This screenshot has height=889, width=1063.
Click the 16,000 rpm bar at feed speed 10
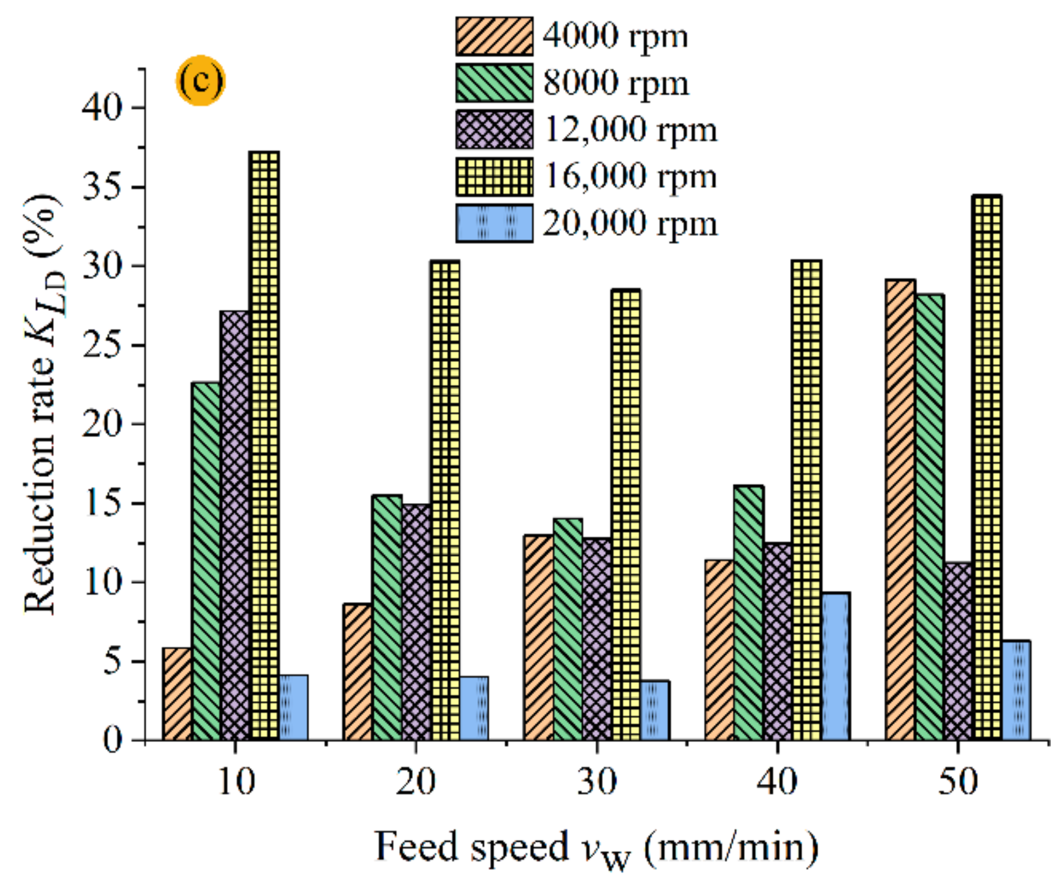tap(264, 445)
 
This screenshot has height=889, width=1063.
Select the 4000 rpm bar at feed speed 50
tap(900, 510)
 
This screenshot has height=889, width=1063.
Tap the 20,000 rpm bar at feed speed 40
tap(836, 666)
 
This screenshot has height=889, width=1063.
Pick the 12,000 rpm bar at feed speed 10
tap(235, 525)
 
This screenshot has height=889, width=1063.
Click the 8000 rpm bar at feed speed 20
tap(387, 618)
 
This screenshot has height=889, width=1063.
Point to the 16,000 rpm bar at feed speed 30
tap(626, 514)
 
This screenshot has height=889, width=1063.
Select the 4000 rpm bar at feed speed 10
tap(177, 694)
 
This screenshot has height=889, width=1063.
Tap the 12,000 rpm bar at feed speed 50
tap(958, 651)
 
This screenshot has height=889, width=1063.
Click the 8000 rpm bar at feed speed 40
tap(748, 613)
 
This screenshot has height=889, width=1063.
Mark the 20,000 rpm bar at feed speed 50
tap(1016, 690)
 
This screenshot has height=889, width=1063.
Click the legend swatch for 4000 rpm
tap(494, 36)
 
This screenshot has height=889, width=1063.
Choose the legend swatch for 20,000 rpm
tap(494, 223)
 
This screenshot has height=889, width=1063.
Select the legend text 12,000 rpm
tap(630, 129)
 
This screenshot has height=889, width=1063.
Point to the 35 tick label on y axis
tap(103, 187)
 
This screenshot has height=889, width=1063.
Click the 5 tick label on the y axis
tap(112, 662)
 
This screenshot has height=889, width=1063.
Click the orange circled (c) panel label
tap(200, 81)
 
